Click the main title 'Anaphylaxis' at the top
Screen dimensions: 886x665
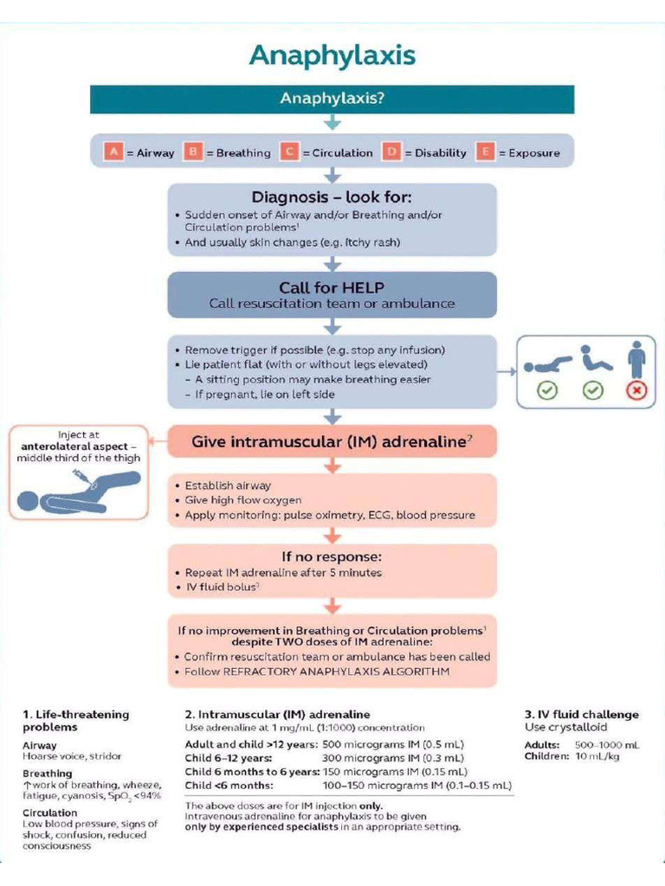click(332, 55)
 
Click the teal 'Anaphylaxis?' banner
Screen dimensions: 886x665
click(332, 99)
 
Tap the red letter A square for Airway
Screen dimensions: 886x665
click(113, 152)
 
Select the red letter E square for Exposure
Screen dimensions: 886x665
click(485, 152)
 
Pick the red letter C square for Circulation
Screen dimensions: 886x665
click(288, 152)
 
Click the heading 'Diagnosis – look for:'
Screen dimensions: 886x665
click(332, 198)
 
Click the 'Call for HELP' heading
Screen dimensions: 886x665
click(332, 287)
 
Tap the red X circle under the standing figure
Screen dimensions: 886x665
click(636, 390)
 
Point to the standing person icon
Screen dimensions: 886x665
click(636, 357)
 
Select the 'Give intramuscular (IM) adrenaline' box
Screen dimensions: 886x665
click(332, 441)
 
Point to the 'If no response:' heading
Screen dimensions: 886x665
click(332, 555)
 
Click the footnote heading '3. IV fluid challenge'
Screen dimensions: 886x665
click(582, 715)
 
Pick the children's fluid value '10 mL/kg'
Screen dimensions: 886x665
click(596, 756)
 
